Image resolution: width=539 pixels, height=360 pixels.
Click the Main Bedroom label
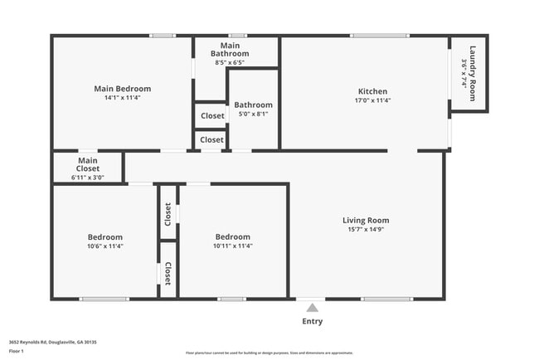tap(122, 88)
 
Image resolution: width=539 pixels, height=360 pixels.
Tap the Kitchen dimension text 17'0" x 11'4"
tap(372, 100)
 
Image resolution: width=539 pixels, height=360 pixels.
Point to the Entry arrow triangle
tap(312, 308)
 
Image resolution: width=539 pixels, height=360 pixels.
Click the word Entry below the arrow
tap(312, 321)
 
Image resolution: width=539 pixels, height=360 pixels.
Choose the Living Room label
tap(366, 220)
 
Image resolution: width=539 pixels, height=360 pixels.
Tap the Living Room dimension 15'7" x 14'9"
tap(366, 229)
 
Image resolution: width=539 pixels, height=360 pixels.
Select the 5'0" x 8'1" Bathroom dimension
tap(253, 114)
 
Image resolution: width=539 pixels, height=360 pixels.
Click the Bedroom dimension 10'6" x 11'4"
tap(105, 246)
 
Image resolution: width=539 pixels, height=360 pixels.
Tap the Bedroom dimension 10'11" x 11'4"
tap(233, 246)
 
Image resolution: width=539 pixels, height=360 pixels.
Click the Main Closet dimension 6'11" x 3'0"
tap(88, 177)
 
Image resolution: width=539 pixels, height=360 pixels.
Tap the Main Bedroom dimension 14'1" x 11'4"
tap(122, 98)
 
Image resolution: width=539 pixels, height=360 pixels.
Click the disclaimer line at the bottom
tap(269, 353)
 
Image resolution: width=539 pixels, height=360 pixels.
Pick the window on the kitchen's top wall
tap(379, 36)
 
